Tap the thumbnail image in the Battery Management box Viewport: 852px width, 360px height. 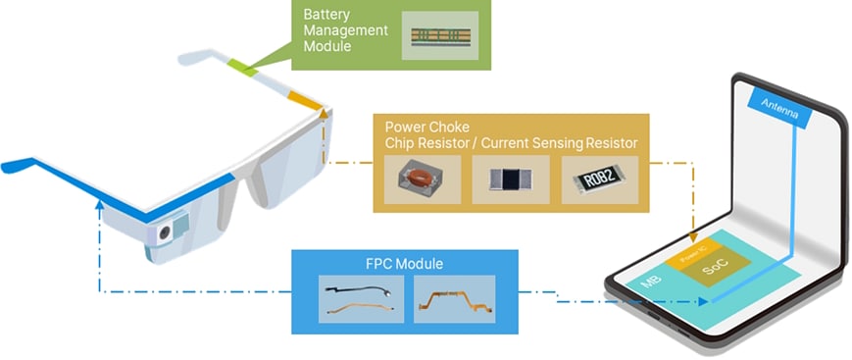(439, 36)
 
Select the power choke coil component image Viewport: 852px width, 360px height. (423, 179)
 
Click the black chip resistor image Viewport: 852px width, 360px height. (510, 179)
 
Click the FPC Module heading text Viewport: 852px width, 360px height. (404, 264)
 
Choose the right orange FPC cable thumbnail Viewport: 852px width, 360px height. (454, 298)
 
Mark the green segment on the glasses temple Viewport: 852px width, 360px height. (242, 66)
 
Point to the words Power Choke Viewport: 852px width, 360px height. (427, 128)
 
